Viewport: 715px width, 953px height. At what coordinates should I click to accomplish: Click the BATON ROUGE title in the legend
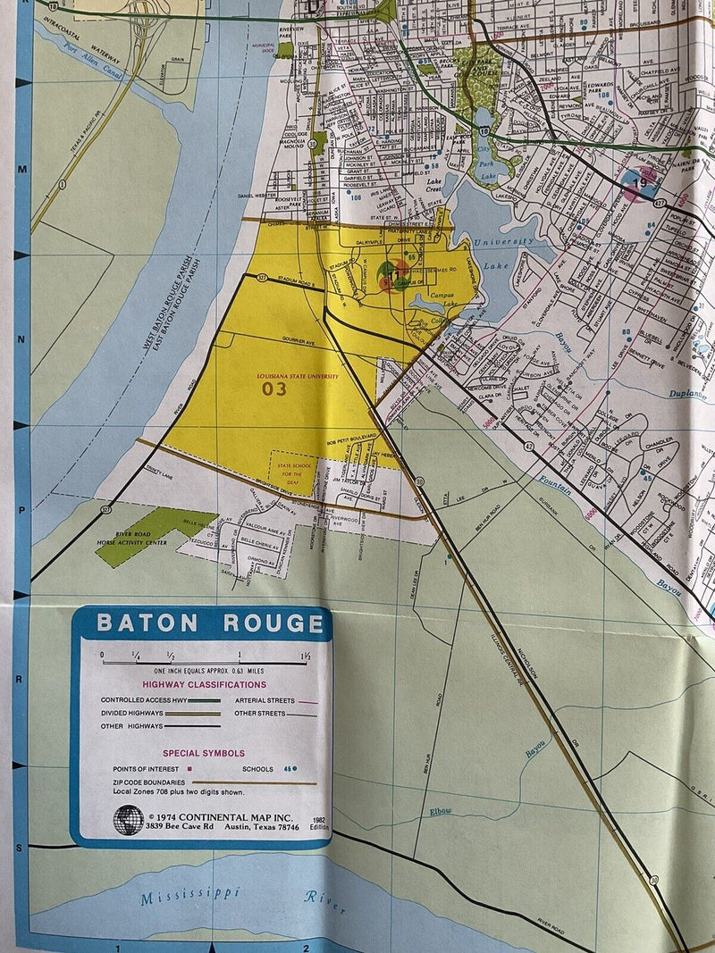[x=210, y=623]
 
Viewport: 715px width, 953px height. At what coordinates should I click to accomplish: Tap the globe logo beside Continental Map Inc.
[x=128, y=820]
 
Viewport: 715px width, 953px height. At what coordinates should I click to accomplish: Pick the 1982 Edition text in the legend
[x=318, y=823]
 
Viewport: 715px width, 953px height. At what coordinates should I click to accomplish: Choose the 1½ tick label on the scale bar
[x=306, y=657]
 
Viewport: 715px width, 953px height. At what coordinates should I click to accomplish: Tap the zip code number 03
[x=274, y=389]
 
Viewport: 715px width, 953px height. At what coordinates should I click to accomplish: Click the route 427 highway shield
[x=660, y=204]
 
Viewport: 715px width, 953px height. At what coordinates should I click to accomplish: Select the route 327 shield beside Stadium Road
[x=263, y=277]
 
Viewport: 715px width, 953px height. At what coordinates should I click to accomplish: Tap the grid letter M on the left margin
[x=24, y=168]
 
